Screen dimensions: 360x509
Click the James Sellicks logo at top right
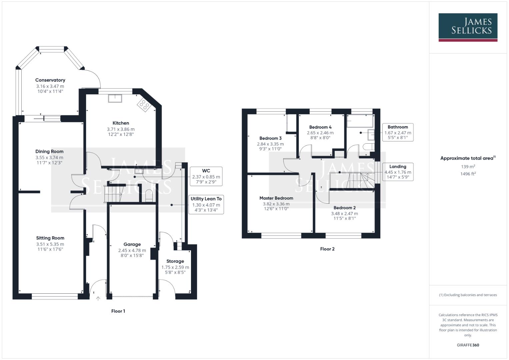pos(468,27)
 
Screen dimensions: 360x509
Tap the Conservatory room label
pos(50,80)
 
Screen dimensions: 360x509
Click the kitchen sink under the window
pos(115,98)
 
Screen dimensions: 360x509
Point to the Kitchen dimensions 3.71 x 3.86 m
pos(121,129)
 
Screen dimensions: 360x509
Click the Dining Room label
pos(49,151)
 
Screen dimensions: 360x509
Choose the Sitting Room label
pos(50,238)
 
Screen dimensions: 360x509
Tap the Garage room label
pos(132,244)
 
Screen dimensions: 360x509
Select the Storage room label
pos(175,261)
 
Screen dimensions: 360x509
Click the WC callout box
pos(206,176)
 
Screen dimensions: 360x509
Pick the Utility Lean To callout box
pos(206,204)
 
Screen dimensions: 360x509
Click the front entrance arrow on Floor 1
pos(98,299)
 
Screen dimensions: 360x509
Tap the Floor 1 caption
pos(118,311)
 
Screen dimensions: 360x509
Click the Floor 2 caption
pos(327,249)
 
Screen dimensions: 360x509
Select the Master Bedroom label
pos(276,198)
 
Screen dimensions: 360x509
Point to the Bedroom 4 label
pos(320,127)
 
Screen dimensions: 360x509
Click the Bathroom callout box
pos(398,132)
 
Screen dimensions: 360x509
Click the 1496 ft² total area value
pos(468,174)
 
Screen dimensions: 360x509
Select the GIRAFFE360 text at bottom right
pos(468,345)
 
